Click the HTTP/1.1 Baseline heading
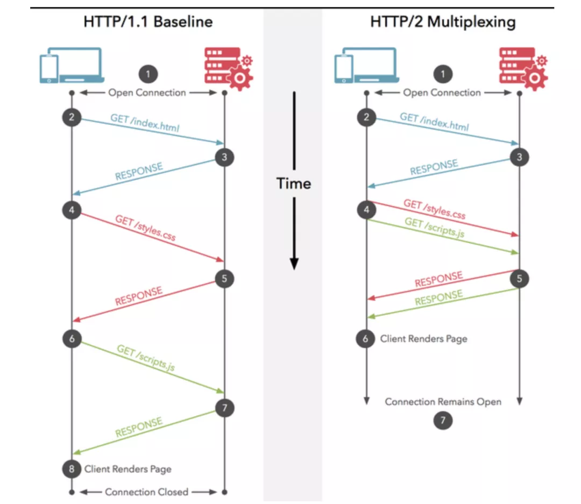148,22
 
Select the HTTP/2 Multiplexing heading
443,22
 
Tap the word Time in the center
294,183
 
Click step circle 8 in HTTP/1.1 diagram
72,469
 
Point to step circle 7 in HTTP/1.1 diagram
224,408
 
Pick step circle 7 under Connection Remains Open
443,421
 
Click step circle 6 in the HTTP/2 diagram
366,339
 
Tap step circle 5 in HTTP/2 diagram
519,278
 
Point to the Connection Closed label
147,492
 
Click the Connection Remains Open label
443,402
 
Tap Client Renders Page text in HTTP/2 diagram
424,339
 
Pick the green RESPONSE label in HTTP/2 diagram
438,298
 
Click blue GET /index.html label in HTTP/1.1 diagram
145,123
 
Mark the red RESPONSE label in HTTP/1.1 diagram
138,296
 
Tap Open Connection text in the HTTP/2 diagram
442,93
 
